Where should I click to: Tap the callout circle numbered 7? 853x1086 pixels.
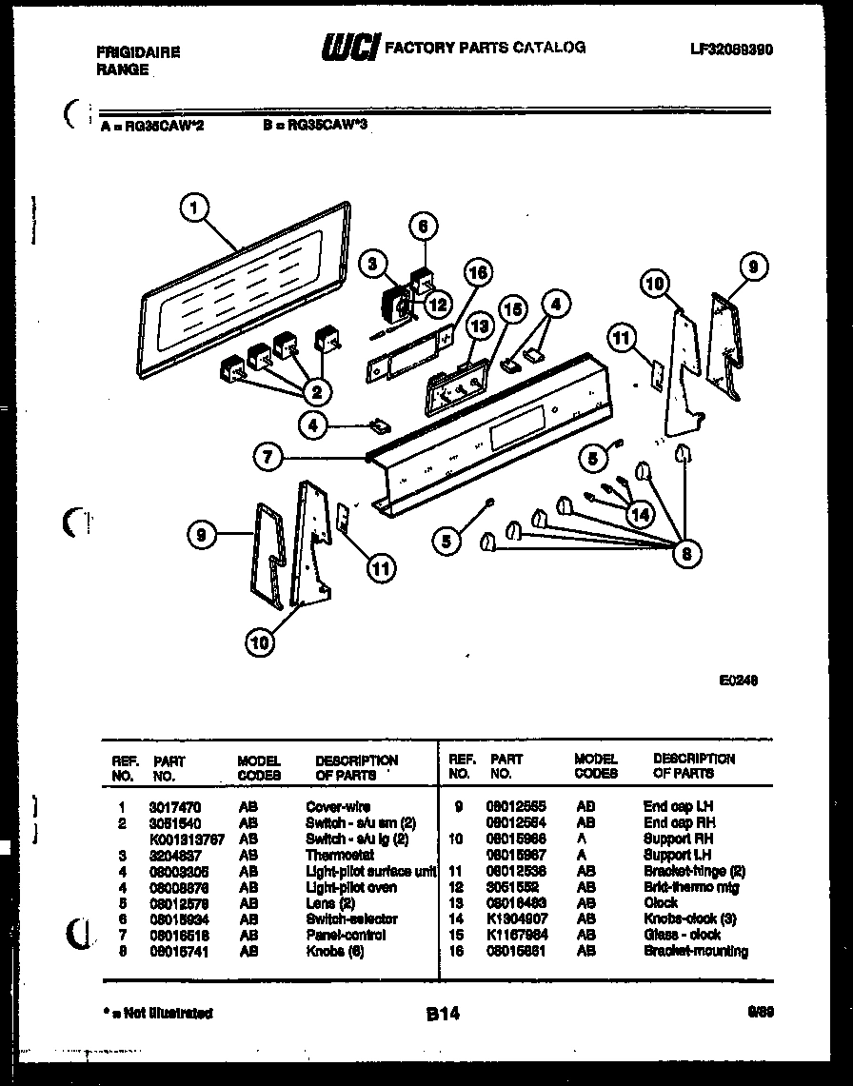click(268, 458)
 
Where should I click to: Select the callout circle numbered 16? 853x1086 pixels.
click(478, 273)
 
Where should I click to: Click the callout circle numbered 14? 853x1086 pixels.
click(641, 514)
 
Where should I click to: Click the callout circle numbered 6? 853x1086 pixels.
click(423, 227)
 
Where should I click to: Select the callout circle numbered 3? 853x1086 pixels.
click(374, 264)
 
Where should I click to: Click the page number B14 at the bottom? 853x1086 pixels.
click(443, 1015)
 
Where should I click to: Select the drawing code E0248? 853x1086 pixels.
click(740, 680)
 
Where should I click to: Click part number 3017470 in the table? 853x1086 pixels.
click(168, 806)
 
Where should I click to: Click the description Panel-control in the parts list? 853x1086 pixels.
click(345, 935)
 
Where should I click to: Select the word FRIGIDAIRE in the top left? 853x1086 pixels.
click(137, 53)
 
